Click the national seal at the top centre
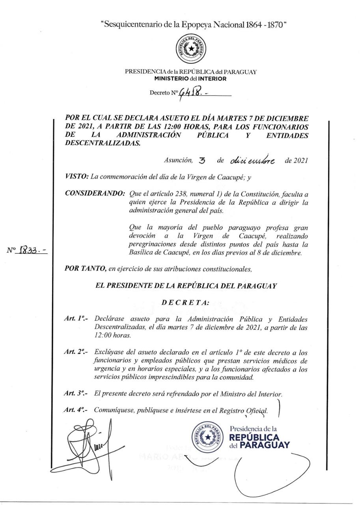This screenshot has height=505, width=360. pos(191,49)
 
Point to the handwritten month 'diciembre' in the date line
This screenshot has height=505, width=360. pos(254,161)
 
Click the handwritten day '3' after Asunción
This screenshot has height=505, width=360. pos(203,161)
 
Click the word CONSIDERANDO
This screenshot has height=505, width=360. pos(95,194)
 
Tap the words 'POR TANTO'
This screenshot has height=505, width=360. pos(85,269)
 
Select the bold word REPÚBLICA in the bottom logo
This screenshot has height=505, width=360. pos(254,438)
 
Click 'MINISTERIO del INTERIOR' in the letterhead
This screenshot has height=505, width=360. pos(191,79)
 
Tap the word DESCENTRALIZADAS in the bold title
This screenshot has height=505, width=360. pos(103,143)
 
